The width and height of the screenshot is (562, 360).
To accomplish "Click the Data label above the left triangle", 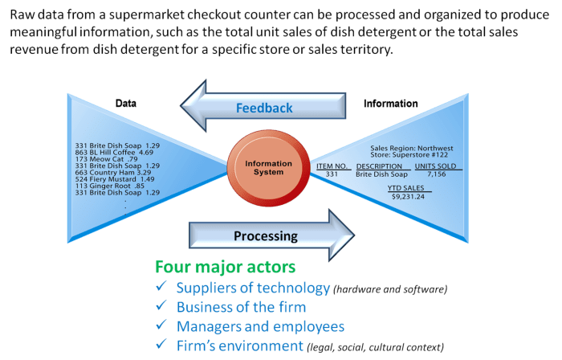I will coord(125,104).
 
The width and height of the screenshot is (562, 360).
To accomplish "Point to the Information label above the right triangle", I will coord(390,104).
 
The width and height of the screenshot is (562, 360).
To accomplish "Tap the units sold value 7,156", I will coord(436,174).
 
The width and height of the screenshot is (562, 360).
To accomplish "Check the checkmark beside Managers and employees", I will coord(162,327).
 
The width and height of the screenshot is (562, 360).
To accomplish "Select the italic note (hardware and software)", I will coord(390,288).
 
